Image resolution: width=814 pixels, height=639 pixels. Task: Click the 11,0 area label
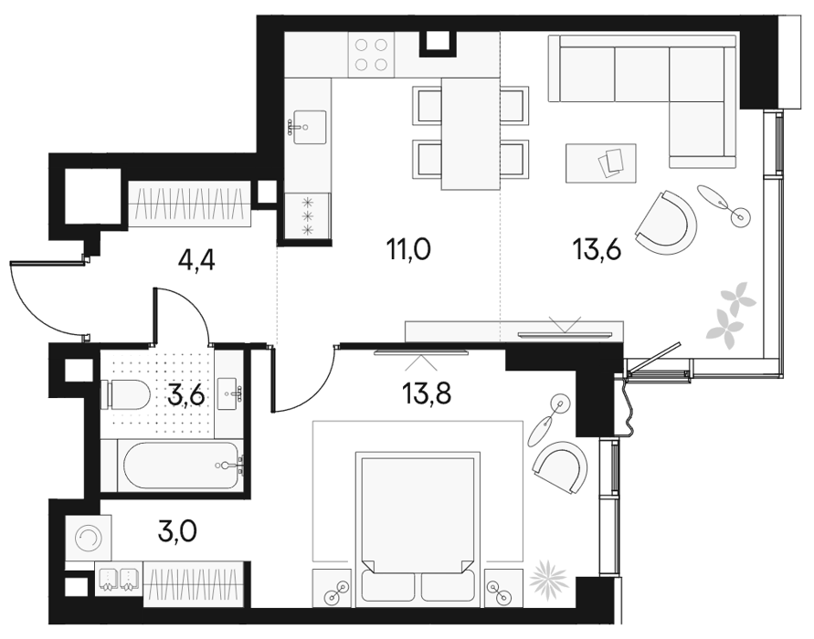tap(408, 249)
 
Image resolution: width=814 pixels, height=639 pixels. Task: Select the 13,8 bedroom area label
tap(427, 393)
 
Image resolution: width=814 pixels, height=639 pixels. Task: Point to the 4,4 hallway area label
tap(196, 260)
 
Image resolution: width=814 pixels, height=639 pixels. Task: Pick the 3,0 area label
tap(178, 530)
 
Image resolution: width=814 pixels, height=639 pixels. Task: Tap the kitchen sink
tap(309, 127)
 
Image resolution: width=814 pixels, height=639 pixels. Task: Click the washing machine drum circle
tap(89, 538)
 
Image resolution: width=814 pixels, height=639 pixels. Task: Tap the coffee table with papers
tap(601, 162)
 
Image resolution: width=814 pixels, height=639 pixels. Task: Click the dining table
tap(470, 134)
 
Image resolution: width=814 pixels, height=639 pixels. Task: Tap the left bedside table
tap(333, 588)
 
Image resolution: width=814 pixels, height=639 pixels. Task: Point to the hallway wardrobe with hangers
tap(189, 204)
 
